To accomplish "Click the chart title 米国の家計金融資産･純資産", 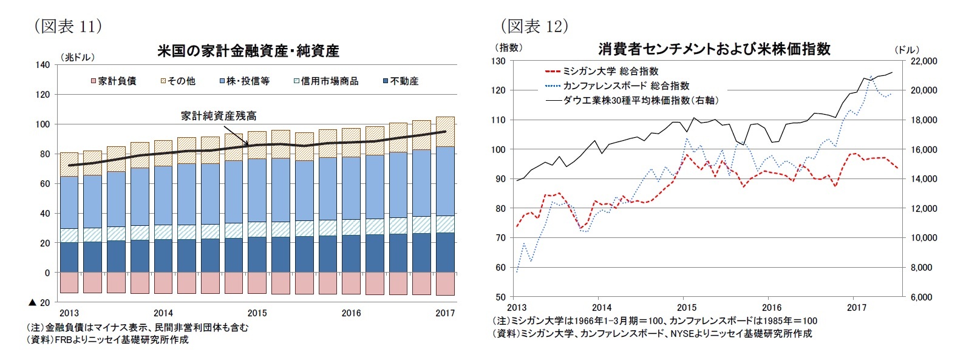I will point(248,51).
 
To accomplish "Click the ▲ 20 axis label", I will point(39,302).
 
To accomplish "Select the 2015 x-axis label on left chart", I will point(257,313).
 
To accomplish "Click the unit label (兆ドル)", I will point(77,57).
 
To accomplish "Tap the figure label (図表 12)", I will point(534,26).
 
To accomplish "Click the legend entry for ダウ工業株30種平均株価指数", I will point(631,100).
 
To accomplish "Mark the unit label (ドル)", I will point(906,50).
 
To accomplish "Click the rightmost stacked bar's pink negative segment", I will point(445,284).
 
